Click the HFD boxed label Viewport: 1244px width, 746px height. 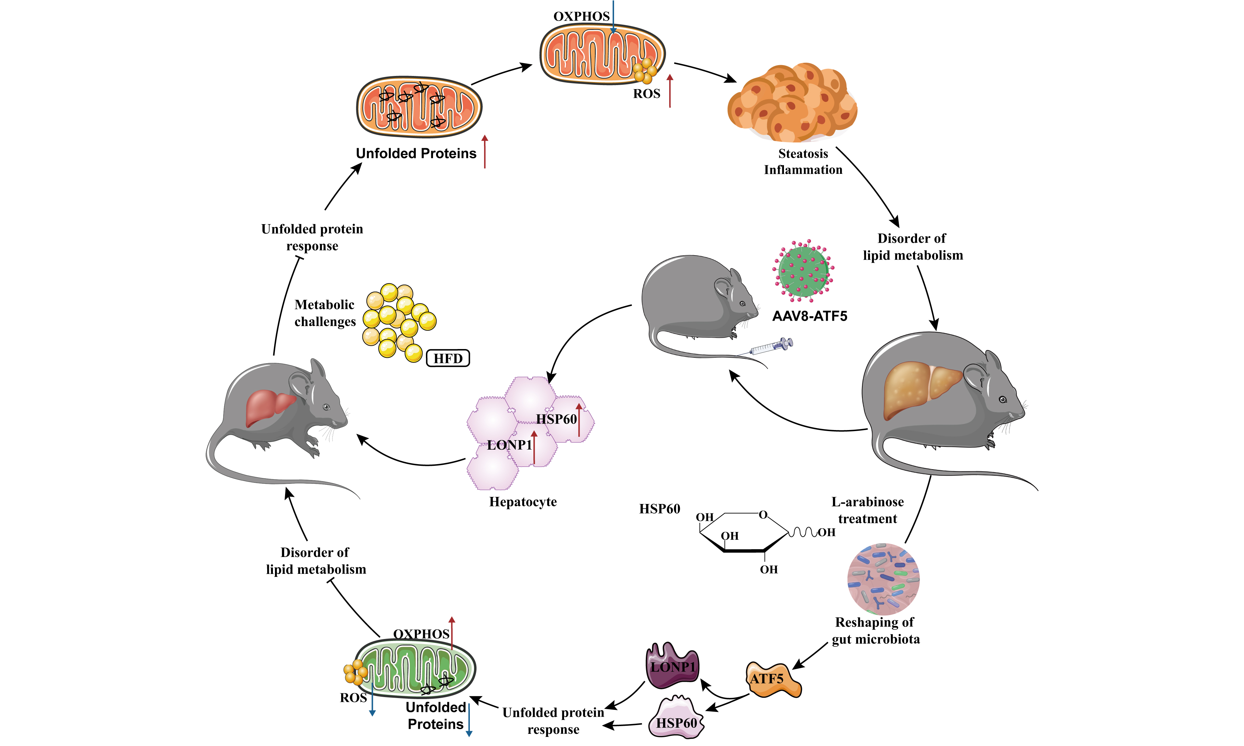[x=448, y=358]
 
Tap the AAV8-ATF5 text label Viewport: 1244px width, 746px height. [x=809, y=316]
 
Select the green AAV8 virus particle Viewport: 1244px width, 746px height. [x=803, y=271]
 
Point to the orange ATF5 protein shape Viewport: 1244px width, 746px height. [x=772, y=680]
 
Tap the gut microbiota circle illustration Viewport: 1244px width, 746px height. [x=883, y=579]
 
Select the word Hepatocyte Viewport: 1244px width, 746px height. [x=523, y=502]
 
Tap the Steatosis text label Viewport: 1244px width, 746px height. [x=803, y=153]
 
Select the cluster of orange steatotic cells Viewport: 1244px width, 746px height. [x=792, y=103]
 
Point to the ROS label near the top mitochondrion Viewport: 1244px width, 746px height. [x=646, y=94]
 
